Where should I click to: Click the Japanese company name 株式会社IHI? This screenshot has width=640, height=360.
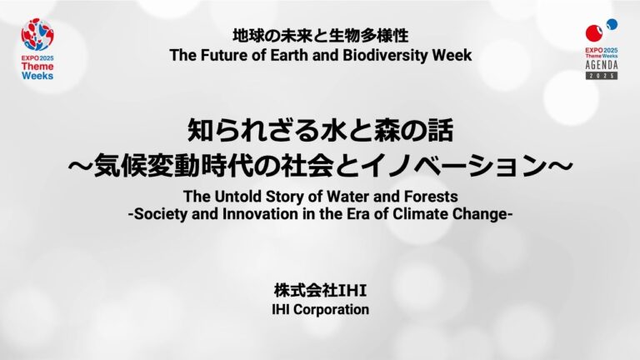[x=320, y=291]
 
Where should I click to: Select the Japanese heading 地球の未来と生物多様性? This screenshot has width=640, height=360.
[x=320, y=36]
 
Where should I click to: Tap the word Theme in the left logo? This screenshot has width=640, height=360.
[x=37, y=67]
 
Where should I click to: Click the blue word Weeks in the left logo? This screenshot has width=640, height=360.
[x=37, y=76]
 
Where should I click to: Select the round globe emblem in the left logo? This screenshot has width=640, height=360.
[x=37, y=34]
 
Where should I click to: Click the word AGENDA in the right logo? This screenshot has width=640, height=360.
[x=602, y=65]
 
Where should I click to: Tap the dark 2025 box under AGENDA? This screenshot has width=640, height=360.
[x=602, y=76]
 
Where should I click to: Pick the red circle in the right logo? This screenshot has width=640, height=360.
[x=594, y=33]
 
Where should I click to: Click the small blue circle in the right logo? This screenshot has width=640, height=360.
[x=612, y=24]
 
